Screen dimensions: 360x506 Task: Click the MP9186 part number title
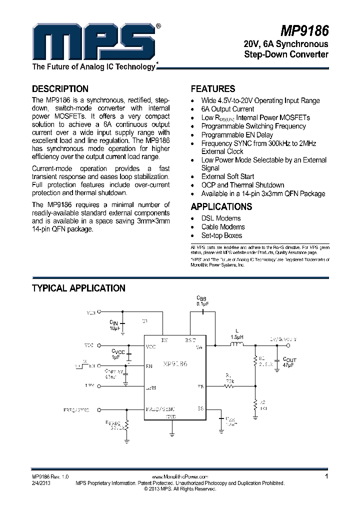(x=304, y=31)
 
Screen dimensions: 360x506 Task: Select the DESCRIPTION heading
(x=60, y=89)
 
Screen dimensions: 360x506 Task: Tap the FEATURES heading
(x=213, y=89)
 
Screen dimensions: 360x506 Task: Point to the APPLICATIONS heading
(x=221, y=206)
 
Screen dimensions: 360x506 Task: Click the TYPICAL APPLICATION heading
(x=78, y=288)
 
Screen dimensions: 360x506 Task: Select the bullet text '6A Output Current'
(x=227, y=109)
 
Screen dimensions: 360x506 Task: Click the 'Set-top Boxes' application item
(x=221, y=235)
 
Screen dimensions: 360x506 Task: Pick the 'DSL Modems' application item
(x=221, y=218)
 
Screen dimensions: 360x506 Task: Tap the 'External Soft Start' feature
(x=227, y=176)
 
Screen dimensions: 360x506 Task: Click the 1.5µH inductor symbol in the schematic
(x=236, y=344)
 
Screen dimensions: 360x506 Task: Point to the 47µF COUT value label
(x=289, y=366)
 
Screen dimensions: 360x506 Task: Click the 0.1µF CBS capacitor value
(x=202, y=303)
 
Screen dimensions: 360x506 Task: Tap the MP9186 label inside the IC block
(x=172, y=364)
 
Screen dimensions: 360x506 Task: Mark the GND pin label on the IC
(x=171, y=416)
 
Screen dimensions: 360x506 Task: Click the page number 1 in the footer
(x=326, y=476)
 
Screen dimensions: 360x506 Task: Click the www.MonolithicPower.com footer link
(x=180, y=477)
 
